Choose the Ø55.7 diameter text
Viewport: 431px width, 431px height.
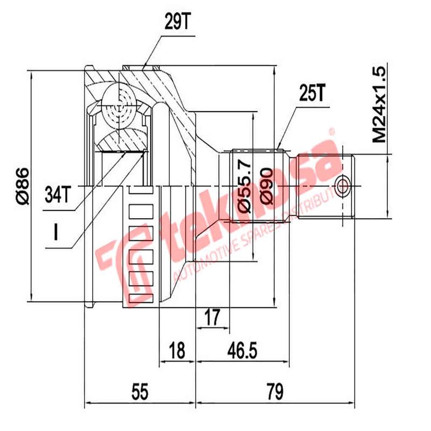coord(244,185)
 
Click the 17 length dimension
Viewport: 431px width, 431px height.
coord(213,318)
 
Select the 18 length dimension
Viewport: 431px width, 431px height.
coord(177,351)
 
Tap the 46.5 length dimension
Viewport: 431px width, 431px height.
coord(241,351)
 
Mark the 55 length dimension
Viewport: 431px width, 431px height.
coord(140,392)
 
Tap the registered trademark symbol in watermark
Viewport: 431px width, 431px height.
coord(332,131)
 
